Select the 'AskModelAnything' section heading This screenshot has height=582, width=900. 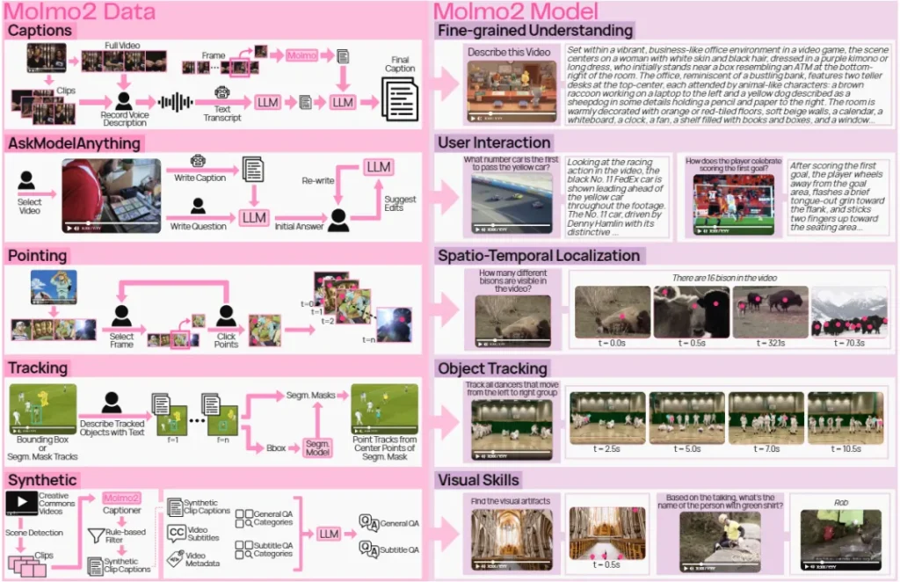coord(74,142)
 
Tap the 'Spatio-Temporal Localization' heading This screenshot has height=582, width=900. coord(539,256)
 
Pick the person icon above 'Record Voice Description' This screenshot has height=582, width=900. coord(124,101)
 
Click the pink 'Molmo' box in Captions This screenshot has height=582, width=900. coord(301,55)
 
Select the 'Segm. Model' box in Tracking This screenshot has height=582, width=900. coord(317,447)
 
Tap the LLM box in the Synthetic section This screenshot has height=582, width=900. coord(329,534)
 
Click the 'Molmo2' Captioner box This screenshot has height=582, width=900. coord(121,498)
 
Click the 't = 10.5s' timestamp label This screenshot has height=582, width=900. coord(845,448)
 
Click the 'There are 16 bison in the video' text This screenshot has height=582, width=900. coord(724,278)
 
